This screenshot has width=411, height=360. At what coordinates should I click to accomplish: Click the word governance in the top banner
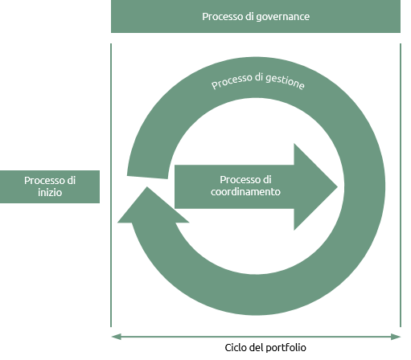coord(283,17)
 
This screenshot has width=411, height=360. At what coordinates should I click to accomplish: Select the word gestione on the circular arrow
coord(285,81)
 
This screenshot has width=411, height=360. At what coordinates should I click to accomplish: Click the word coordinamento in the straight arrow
coord(245,192)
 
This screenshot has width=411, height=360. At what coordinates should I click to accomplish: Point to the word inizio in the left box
coord(50,192)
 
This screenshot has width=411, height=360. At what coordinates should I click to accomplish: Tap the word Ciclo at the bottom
coord(236,348)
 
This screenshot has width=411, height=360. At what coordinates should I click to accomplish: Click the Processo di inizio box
coord(50,186)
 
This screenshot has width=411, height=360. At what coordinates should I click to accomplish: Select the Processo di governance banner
coord(256,16)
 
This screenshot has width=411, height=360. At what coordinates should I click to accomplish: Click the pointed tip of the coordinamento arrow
coord(337,186)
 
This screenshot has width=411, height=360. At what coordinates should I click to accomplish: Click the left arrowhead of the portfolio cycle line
coord(116,337)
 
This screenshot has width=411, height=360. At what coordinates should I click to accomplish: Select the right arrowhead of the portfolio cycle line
coord(396,337)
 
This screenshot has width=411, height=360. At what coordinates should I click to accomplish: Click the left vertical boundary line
coord(111,186)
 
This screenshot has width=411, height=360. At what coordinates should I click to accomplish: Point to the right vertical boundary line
coord(401,186)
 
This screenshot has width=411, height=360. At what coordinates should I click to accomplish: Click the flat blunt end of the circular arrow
coord(147,178)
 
